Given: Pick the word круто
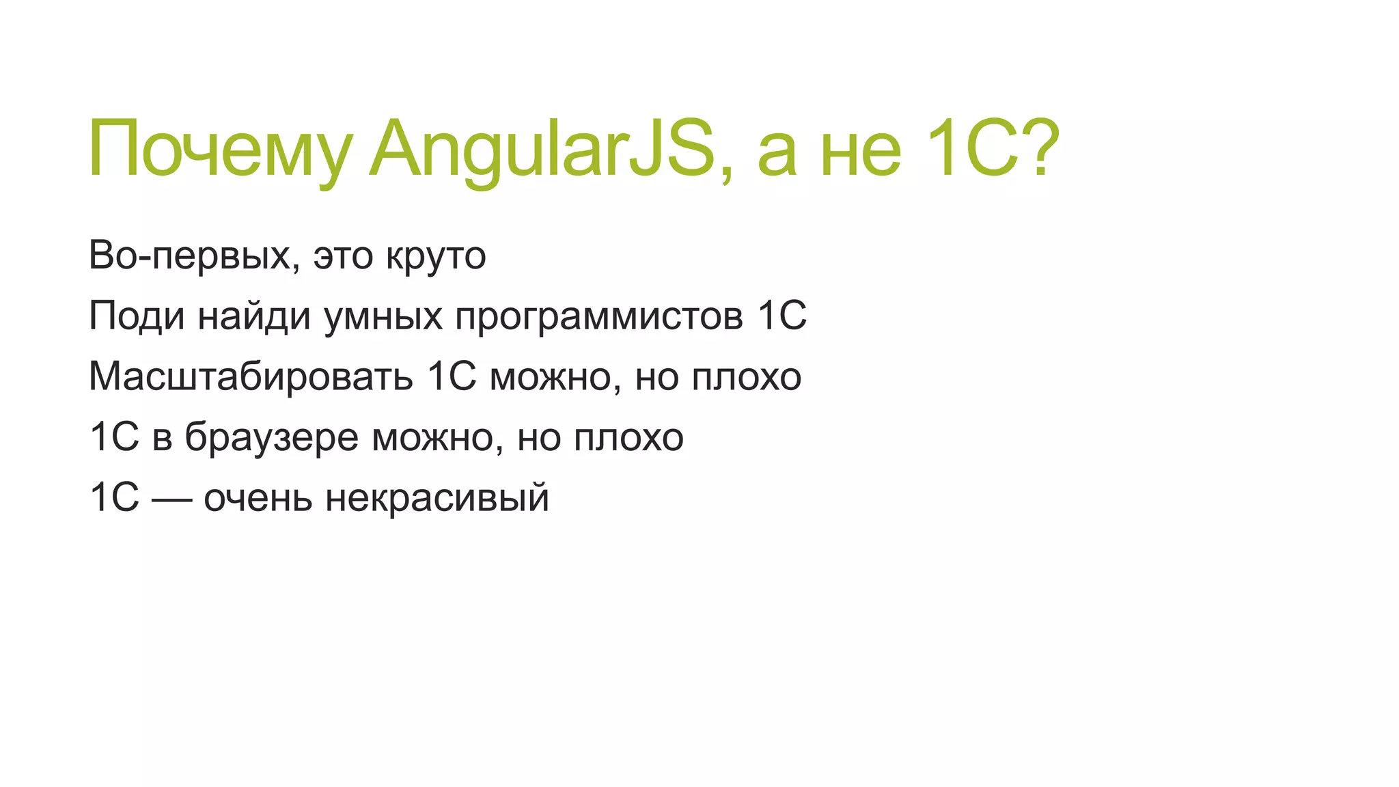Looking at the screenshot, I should click(436, 256).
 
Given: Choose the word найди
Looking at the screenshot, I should click(254, 317).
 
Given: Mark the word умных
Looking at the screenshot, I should click(383, 317).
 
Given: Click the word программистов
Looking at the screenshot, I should click(599, 317).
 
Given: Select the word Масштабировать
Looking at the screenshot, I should click(251, 377).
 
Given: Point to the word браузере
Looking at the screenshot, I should click(271, 438).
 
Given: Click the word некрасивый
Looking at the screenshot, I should click(437, 498).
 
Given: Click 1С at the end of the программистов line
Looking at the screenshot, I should click(782, 316).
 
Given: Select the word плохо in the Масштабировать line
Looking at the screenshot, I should click(746, 377).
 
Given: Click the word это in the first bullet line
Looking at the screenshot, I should click(344, 256).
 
